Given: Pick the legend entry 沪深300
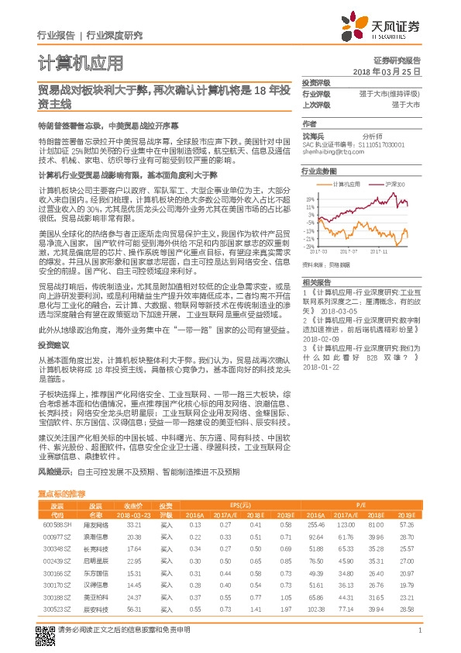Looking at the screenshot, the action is (x=394, y=185).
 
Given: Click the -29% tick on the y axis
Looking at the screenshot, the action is (x=309, y=246).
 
